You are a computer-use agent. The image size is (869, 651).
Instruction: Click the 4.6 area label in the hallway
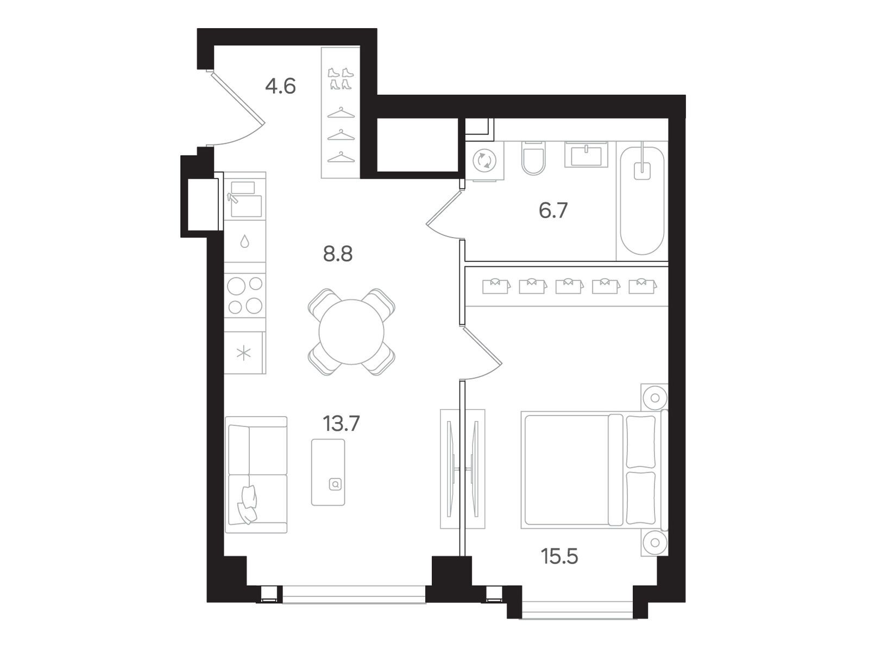(280, 87)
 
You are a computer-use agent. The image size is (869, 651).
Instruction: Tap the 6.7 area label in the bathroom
(553, 210)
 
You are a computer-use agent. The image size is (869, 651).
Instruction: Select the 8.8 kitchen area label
(338, 254)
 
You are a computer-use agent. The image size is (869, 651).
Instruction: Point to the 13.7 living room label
(341, 424)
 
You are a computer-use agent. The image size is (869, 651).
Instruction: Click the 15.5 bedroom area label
(559, 557)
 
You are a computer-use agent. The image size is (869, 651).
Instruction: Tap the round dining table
(351, 332)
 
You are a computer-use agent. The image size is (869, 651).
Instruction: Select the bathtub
(642, 201)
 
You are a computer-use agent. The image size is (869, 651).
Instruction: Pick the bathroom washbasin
(586, 154)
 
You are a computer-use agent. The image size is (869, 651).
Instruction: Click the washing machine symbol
(484, 161)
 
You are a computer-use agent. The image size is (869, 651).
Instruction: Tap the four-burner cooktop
(245, 295)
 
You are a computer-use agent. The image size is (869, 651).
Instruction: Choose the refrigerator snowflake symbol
(243, 353)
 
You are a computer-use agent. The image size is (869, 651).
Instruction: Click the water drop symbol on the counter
(244, 241)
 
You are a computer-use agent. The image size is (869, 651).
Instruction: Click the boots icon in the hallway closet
(341, 79)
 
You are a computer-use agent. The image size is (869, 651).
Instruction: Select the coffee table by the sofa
(328, 473)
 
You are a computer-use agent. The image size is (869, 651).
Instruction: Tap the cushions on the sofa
(247, 505)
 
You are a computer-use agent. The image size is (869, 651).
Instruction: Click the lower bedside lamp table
(654, 542)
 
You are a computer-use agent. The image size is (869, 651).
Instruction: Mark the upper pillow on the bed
(641, 442)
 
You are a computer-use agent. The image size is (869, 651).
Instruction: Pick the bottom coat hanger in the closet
(341, 157)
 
